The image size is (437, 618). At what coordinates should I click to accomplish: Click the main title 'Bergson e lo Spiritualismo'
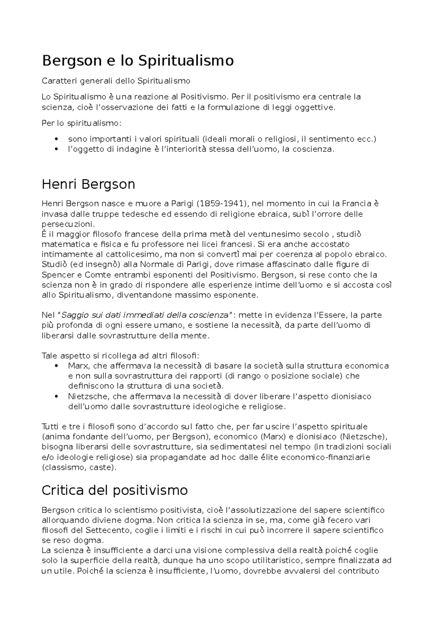tap(138, 61)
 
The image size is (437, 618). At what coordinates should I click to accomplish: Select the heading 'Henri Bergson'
tap(88, 184)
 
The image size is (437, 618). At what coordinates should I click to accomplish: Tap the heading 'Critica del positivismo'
tap(115, 491)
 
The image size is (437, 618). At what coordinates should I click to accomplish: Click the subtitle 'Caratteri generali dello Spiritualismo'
tap(116, 80)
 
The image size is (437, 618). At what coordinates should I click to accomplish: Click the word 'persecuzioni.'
tap(68, 224)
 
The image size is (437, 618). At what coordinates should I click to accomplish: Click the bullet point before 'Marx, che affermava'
tap(56, 366)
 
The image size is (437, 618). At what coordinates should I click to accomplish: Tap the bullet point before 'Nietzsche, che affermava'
tap(56, 396)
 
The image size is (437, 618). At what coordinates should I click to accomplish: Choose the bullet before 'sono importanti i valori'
tap(56, 139)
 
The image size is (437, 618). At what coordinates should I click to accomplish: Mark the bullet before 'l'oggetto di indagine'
tap(56, 149)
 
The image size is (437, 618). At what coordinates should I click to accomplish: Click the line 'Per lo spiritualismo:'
tap(82, 123)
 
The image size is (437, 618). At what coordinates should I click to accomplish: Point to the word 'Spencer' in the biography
tap(56, 275)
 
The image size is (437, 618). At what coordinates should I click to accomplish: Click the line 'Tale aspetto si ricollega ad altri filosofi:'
tap(121, 356)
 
